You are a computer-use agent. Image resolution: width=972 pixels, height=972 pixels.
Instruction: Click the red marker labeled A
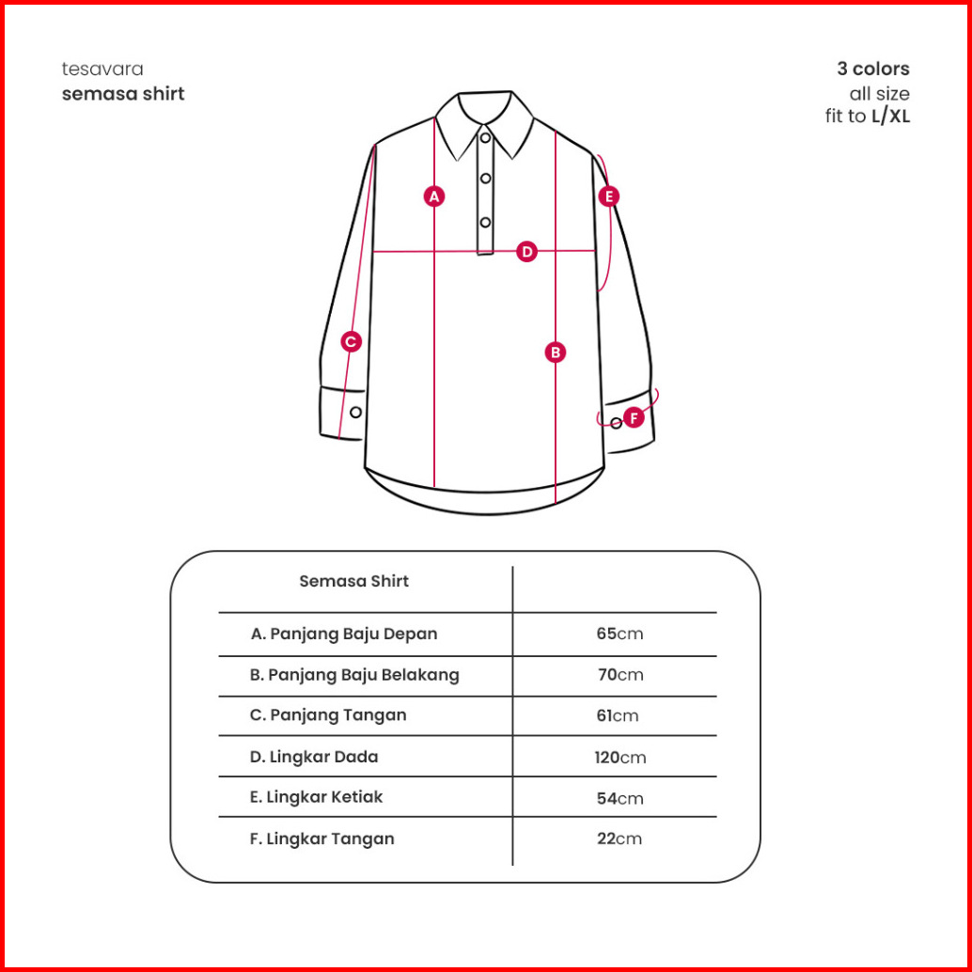[433, 196]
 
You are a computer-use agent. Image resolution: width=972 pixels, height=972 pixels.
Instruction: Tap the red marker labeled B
[556, 353]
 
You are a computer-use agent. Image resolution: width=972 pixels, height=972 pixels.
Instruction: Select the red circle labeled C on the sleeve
[351, 342]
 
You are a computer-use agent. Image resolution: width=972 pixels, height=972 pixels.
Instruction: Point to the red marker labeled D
[527, 251]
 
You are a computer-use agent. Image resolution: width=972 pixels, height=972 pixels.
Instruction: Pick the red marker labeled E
[609, 196]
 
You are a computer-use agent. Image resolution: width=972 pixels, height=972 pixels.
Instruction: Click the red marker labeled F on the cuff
[634, 416]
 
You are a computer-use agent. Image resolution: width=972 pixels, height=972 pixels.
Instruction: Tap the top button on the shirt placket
[486, 138]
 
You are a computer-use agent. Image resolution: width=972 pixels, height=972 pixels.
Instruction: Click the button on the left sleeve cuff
[355, 413]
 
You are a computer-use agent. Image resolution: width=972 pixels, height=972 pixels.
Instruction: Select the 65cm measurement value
[619, 634]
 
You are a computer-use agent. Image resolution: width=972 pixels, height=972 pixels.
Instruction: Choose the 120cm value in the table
[619, 757]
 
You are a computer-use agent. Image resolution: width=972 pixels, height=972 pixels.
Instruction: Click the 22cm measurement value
[619, 839]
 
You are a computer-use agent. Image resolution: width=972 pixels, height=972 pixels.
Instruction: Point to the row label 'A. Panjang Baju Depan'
[344, 634]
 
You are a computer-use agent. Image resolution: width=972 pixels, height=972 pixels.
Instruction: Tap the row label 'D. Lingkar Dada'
[314, 757]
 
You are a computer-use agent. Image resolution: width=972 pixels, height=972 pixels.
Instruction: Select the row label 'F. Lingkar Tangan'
[321, 839]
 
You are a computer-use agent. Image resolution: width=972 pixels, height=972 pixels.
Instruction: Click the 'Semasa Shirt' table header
[354, 581]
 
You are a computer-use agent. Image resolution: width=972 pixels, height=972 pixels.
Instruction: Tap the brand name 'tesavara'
[102, 70]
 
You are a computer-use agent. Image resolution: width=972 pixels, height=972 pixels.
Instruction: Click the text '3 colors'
[873, 70]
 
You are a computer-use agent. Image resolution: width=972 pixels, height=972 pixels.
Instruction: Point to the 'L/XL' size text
[891, 118]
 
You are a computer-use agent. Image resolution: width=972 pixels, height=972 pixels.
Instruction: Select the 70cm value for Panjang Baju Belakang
[619, 674]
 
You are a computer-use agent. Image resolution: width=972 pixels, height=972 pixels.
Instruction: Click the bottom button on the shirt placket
[486, 222]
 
